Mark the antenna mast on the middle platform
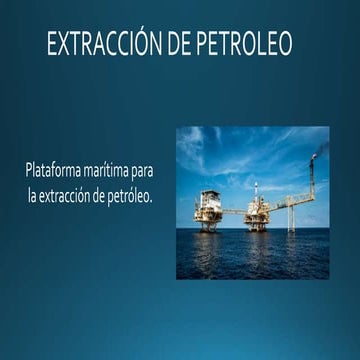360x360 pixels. click(x=256, y=190)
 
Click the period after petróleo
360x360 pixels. click(x=151, y=199)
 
